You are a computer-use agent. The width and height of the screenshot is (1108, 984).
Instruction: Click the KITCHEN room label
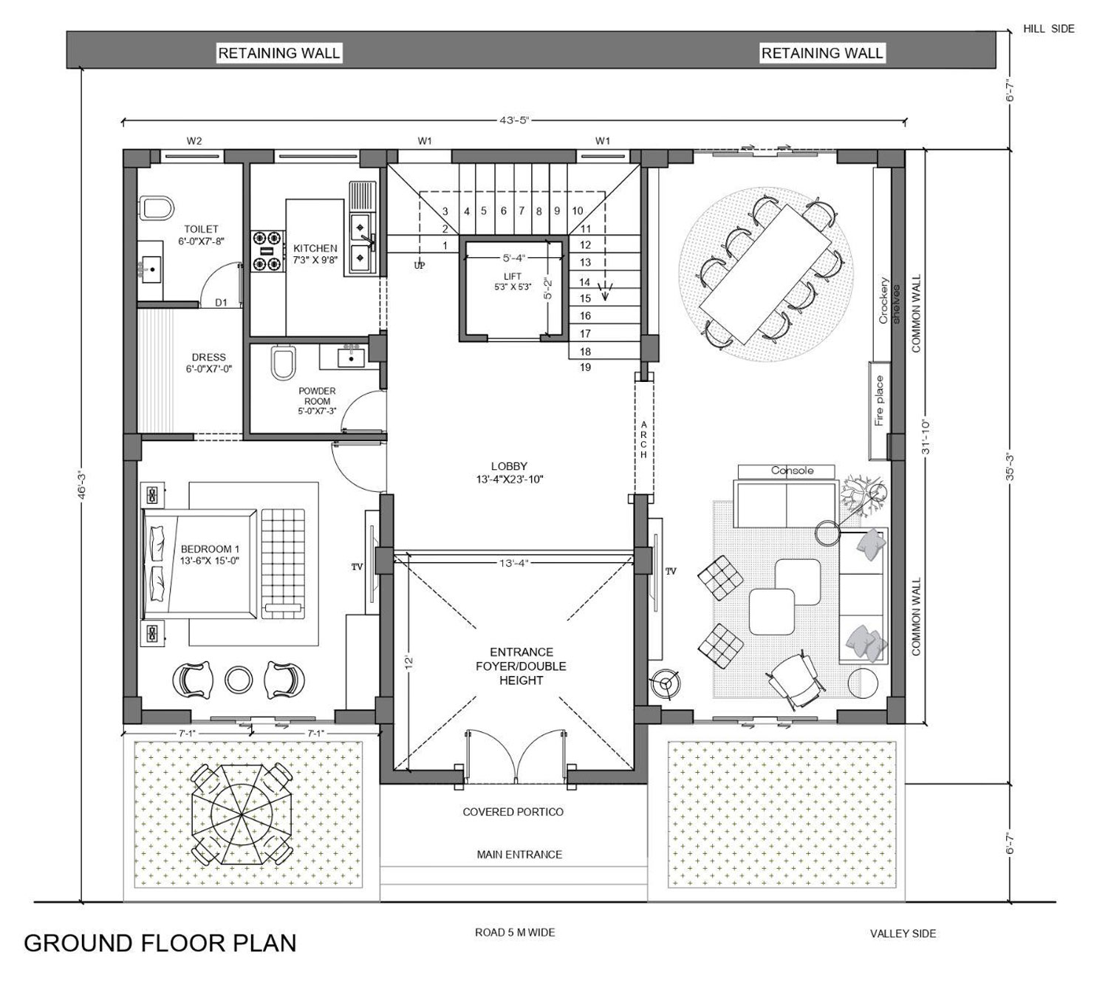(315, 248)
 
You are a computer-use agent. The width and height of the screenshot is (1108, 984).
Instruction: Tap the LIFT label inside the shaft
(513, 276)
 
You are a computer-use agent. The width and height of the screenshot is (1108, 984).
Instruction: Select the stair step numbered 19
(585, 368)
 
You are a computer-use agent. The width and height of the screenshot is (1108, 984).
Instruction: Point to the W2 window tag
(194, 141)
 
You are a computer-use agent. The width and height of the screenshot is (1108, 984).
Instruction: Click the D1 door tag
(221, 302)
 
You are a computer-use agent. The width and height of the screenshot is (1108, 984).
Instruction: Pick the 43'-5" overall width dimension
(514, 120)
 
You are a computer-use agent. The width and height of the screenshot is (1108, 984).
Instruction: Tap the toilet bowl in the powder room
(284, 361)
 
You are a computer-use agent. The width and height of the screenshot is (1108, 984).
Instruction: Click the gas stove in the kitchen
(267, 251)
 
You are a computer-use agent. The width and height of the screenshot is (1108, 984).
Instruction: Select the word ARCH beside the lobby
(643, 440)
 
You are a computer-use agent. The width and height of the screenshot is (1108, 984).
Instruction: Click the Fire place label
(879, 401)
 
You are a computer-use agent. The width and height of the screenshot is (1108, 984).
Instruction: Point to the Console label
(792, 471)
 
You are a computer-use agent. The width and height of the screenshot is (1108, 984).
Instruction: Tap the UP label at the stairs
(420, 266)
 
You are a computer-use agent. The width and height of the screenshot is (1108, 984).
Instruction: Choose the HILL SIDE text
(1048, 29)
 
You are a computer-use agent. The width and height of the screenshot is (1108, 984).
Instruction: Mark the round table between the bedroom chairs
(239, 680)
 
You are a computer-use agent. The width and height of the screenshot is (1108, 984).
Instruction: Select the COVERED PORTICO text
(513, 813)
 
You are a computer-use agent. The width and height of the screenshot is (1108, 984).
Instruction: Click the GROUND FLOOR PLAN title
(160, 943)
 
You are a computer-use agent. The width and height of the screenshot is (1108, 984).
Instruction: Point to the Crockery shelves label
(889, 301)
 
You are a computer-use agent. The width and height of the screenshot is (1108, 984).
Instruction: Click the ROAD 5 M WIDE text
(515, 932)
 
